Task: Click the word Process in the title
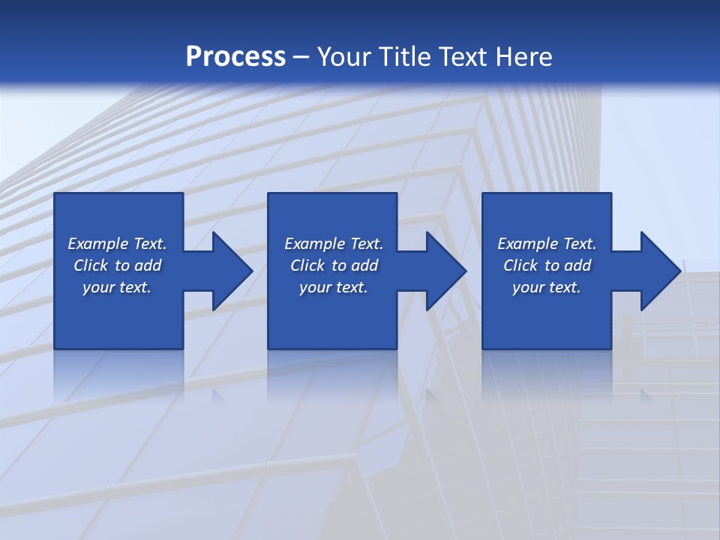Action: (235, 57)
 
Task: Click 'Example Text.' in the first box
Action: (117, 244)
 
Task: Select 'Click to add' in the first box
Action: (117, 265)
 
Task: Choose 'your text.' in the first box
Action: (117, 287)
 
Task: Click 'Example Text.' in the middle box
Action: (334, 244)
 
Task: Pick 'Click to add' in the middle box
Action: (334, 265)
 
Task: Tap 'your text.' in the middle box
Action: (334, 287)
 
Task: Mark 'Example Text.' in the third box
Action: (547, 244)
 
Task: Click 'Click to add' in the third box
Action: (547, 265)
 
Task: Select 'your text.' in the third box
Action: (547, 287)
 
